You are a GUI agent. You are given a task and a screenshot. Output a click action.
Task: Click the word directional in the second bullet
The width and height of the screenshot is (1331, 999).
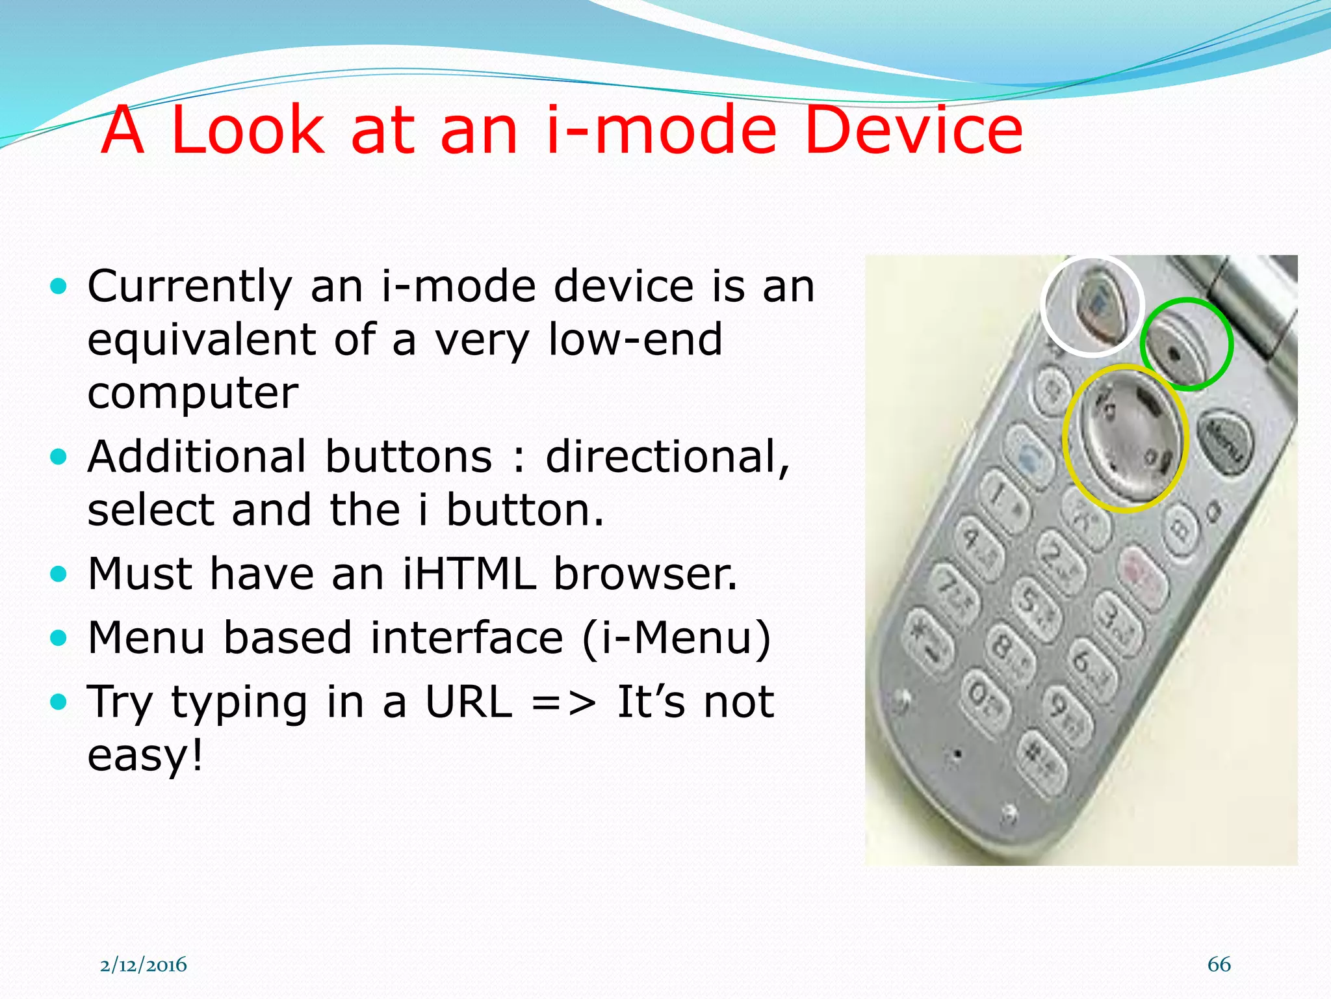click(667, 457)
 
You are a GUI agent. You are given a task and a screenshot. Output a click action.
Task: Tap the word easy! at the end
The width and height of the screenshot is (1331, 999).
click(146, 755)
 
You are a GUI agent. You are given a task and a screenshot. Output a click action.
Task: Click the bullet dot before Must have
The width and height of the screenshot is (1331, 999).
click(58, 574)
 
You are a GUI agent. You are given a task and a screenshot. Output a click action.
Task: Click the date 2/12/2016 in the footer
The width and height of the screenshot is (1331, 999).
click(143, 965)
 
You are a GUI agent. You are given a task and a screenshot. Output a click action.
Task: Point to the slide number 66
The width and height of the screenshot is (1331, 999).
click(1219, 964)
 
